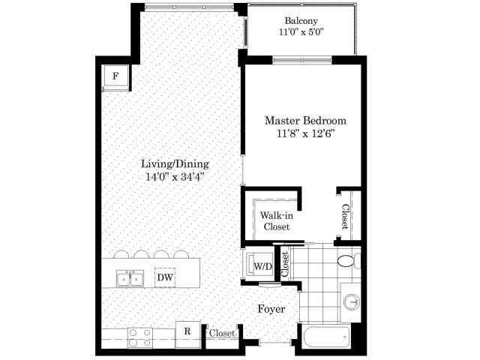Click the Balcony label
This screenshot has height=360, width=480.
point(301,21)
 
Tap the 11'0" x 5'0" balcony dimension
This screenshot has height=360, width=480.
point(301,31)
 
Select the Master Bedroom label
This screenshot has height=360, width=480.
point(305,121)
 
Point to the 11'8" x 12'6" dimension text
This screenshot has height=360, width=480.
point(305,133)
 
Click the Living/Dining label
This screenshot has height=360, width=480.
point(175,164)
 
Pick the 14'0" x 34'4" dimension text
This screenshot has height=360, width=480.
point(175,177)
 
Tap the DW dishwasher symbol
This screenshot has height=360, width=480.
point(165,277)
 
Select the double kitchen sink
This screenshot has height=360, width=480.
point(130,278)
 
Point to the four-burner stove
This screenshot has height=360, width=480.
point(140,337)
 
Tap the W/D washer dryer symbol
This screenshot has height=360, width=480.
point(260,263)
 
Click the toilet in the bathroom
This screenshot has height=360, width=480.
point(349,261)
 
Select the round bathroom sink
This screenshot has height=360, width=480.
point(352,302)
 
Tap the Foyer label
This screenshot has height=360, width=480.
point(271,309)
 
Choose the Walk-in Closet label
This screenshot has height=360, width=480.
point(277,221)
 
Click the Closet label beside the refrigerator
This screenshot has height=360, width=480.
point(222,333)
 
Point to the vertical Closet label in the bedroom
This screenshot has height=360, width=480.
point(345,217)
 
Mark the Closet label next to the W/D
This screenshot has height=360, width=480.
point(285,264)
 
